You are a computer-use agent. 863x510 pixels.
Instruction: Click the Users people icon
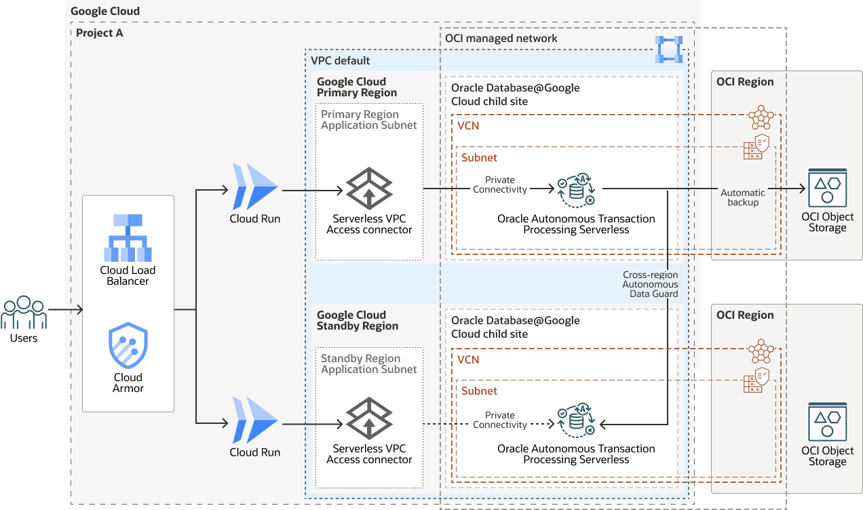pos(24,313)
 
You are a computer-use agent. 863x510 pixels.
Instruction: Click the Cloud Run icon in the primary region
pos(255,187)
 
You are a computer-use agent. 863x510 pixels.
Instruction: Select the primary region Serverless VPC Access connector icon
pos(369,188)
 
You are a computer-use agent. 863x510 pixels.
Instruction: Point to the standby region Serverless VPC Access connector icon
pos(369,418)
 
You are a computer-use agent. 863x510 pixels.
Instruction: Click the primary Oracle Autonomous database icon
pos(576,191)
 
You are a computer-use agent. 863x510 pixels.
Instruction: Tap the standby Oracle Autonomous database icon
pos(576,421)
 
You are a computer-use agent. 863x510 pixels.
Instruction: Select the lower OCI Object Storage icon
pos(827,421)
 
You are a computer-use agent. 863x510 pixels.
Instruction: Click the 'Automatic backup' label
pos(743,197)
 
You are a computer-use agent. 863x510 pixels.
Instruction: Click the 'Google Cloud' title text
pos(105,11)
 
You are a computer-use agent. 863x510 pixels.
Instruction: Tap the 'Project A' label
pos(100,33)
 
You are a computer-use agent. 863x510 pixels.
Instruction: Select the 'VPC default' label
pos(341,60)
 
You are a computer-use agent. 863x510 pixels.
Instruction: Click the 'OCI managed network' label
pos(501,39)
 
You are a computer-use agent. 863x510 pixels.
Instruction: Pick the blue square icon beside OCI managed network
pos(669,50)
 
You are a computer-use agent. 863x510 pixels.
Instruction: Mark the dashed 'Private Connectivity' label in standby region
pos(500,420)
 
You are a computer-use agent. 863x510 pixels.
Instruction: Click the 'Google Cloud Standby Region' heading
pos(358,320)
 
